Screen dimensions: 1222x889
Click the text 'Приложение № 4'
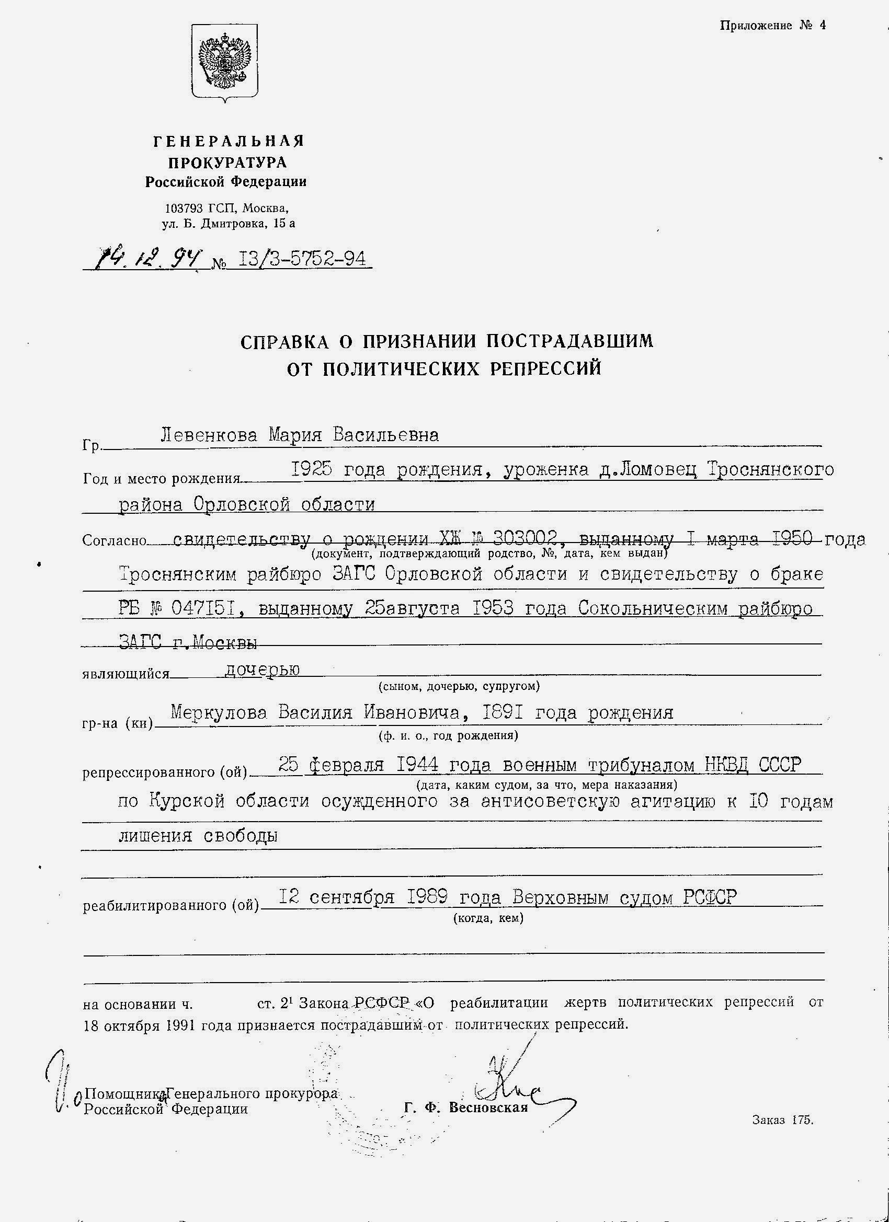click(772, 25)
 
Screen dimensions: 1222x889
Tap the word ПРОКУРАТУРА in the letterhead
click(227, 162)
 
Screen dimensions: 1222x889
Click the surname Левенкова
click(209, 435)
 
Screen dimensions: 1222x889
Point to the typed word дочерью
click(261, 669)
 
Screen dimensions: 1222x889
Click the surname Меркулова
click(219, 713)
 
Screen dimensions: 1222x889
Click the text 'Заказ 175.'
click(782, 1120)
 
